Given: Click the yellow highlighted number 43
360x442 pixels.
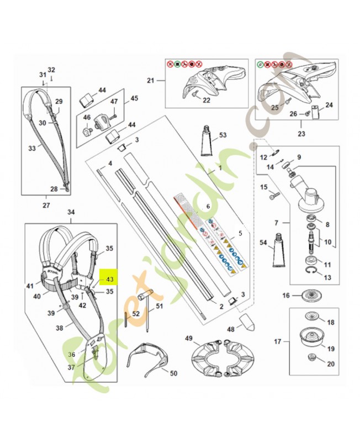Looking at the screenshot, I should click(x=108, y=280).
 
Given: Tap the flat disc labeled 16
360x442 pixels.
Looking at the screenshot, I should click(x=312, y=295).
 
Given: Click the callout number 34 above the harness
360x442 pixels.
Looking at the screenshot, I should click(x=70, y=212).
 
